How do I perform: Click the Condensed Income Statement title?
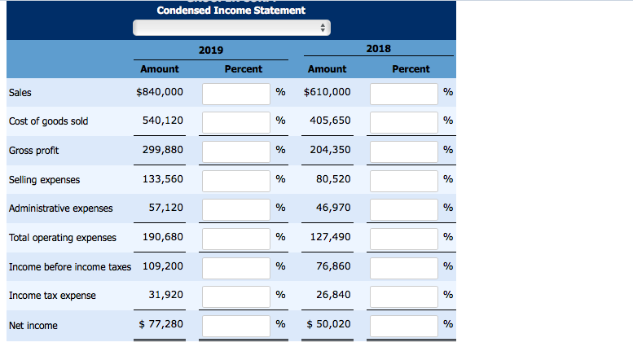coord(231,10)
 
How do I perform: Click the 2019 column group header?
coord(210,50)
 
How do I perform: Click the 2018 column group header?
coord(378,49)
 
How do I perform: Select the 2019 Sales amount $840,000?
coord(160,92)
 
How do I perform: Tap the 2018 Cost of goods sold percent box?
coord(403,121)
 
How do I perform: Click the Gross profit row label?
coord(33,151)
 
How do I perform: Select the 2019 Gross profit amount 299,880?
coord(162,151)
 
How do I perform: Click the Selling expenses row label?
coord(44,179)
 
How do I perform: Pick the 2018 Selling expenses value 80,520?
coord(332,179)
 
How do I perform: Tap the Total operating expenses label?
coord(62,238)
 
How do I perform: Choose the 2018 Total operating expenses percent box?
coord(403,239)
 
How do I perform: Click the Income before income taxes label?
coord(69,267)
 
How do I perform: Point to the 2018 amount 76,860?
coord(332,266)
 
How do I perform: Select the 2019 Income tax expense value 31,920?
coord(165,295)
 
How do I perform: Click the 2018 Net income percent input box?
coord(403,326)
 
